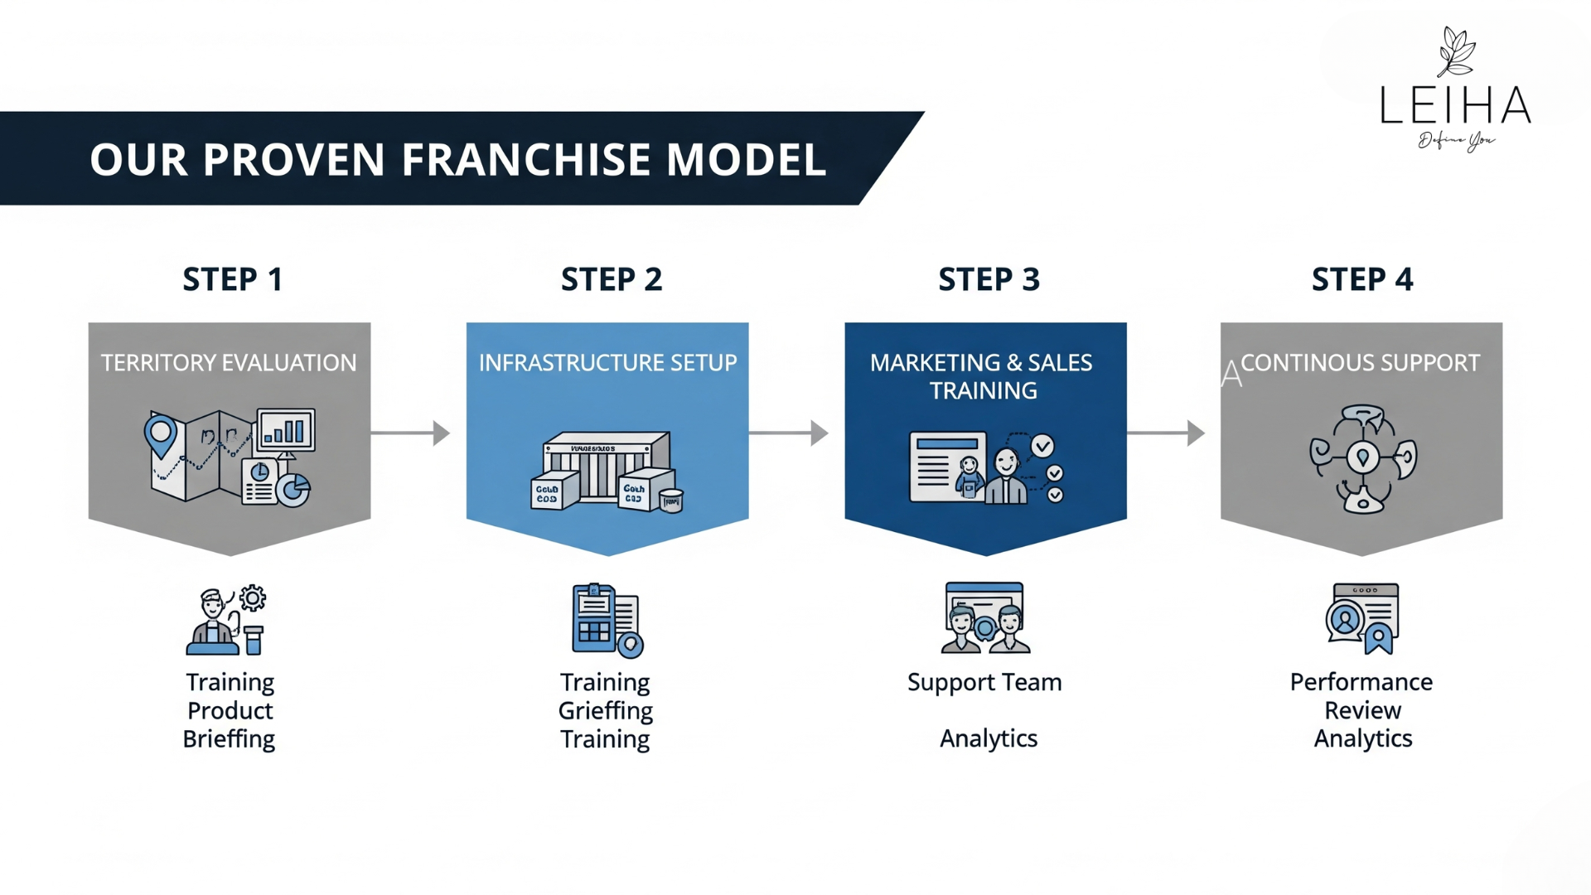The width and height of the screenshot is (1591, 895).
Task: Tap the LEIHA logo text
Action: [1455, 105]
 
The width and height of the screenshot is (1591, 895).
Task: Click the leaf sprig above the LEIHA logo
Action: [1456, 51]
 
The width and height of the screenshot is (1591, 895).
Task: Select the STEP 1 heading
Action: [233, 279]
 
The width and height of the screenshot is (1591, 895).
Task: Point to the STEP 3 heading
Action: [989, 279]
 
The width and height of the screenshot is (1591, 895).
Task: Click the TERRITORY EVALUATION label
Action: [229, 363]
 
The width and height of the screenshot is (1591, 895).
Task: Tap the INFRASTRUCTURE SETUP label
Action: [607, 363]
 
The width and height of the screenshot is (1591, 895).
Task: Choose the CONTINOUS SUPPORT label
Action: [1360, 363]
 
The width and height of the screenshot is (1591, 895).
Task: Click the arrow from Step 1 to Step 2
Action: [410, 433]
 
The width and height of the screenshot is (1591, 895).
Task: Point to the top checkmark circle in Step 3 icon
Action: [1042, 446]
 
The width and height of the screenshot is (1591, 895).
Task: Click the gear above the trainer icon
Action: [253, 597]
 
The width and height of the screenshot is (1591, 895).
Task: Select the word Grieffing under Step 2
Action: [605, 711]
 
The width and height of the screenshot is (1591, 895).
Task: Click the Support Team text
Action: [984, 682]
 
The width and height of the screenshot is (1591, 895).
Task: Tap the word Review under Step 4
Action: [1362, 711]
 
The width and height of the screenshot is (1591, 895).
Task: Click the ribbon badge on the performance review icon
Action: [1378, 639]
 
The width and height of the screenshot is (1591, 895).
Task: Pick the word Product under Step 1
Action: [230, 711]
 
